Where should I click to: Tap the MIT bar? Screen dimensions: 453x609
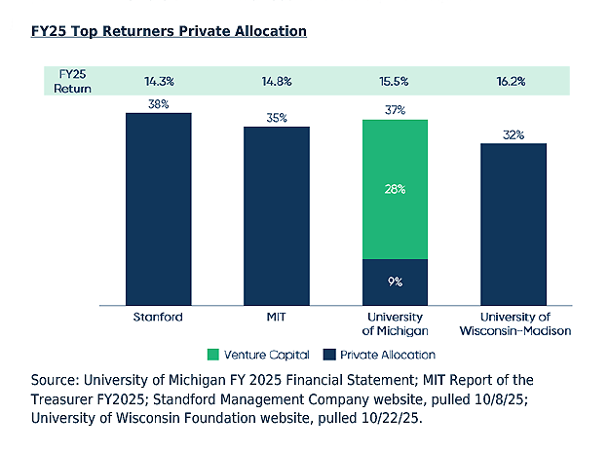276,214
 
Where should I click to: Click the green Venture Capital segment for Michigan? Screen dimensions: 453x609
395,189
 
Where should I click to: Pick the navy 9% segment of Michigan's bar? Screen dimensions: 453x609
395,281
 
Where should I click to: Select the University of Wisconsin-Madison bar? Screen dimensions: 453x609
514,223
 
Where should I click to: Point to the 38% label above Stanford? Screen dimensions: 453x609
158,103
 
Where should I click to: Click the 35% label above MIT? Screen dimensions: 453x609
276,117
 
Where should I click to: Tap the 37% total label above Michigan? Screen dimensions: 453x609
395,110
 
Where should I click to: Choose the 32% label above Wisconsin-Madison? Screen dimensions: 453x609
514,134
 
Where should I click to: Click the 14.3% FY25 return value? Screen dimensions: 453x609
158,81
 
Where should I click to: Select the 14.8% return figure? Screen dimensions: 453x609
276,81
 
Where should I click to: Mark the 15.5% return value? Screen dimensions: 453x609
395,81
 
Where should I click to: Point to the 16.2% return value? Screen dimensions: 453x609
514,81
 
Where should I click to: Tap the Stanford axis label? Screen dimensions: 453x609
158,318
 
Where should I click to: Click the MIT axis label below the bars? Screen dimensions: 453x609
276,318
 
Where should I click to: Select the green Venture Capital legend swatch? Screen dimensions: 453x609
214,355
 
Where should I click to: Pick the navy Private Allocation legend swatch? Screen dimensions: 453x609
330,355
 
